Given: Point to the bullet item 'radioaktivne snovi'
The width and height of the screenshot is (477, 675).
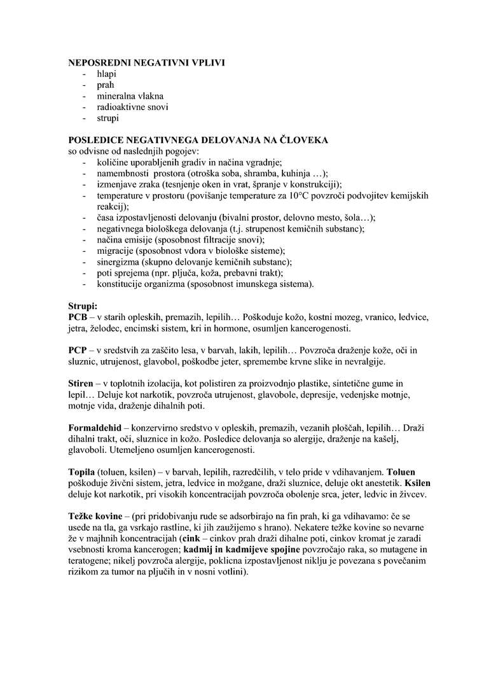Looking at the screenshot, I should click(x=132, y=107).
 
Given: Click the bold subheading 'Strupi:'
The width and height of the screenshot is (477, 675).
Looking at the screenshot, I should click(x=83, y=305).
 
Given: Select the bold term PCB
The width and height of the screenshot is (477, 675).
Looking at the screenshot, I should click(x=78, y=317).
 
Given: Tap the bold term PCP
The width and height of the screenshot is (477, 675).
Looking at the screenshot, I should click(x=78, y=351).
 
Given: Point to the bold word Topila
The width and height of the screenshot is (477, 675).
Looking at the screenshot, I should click(x=81, y=473).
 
